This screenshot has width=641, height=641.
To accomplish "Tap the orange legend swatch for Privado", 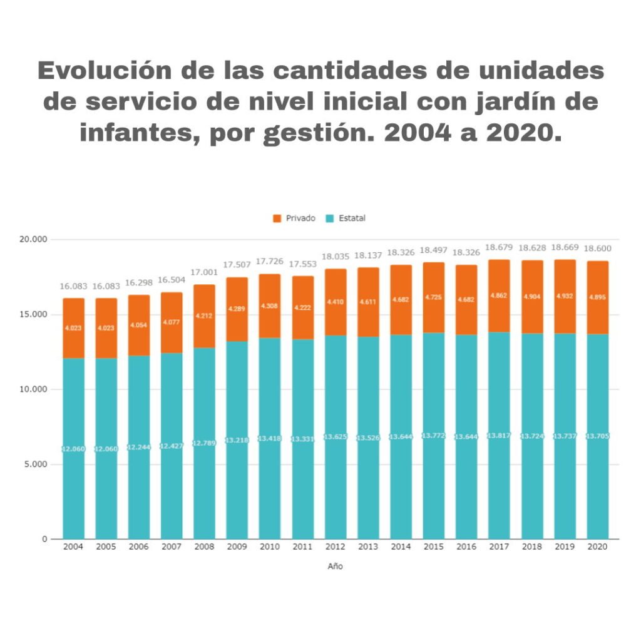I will pos(277,218).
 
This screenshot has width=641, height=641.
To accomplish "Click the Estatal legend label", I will pos(352,218).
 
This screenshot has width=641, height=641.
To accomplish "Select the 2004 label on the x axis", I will pos(73,547).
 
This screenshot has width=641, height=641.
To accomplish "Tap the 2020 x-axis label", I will pos(597,547).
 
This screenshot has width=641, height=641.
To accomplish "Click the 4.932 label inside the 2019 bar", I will pos(564,297).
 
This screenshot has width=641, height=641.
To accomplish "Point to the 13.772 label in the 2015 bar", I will pos(433,436).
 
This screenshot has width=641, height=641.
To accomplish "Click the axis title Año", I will pos(335,567).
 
